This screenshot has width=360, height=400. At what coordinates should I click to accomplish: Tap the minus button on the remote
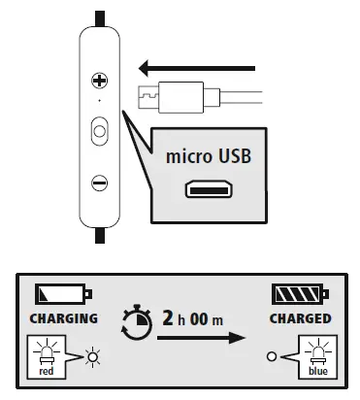[99, 182]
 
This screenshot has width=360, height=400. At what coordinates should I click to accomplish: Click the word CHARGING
[65, 317]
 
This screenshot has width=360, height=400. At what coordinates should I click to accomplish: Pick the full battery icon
[303, 293]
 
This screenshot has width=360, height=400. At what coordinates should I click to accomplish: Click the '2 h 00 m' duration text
[194, 317]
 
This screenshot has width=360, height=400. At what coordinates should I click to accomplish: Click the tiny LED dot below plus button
[99, 101]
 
